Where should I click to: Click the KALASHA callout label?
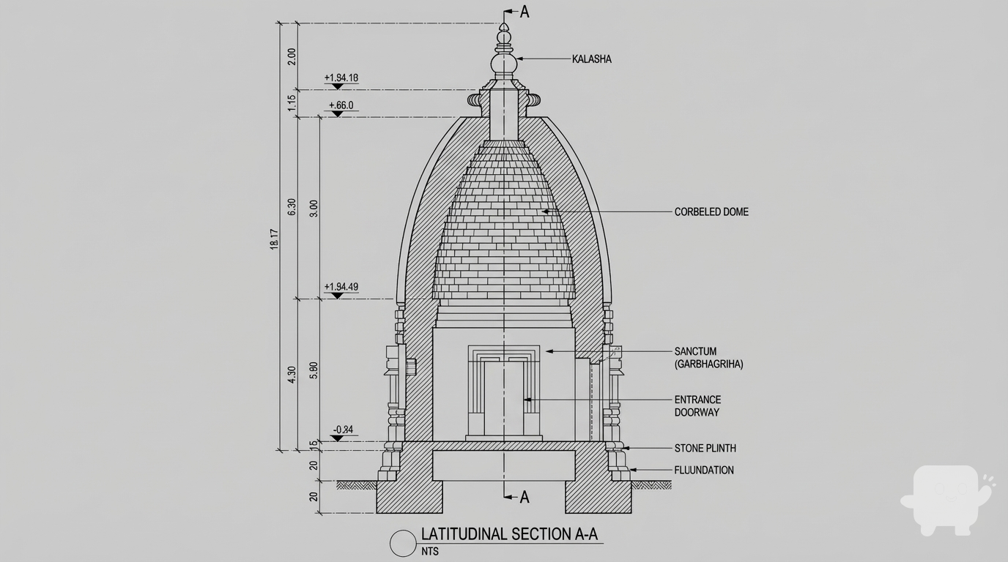coord(591,59)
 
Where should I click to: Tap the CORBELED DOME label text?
coord(711,212)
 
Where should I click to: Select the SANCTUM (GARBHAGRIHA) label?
coord(708,358)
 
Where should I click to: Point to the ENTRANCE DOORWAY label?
coord(697,406)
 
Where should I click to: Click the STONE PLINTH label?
coord(705,448)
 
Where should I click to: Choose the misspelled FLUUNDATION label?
coord(703,471)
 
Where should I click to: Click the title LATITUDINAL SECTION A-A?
coord(509,534)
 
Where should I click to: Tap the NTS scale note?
coord(430,551)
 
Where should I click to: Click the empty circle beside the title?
coord(402,544)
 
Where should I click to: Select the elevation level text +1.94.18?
coord(341,78)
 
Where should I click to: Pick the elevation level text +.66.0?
coord(341,105)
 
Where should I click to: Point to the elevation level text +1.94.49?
coord(341,287)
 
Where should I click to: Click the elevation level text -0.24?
coord(343,430)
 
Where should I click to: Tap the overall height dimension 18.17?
coord(274,239)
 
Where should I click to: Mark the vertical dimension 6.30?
coord(292,207)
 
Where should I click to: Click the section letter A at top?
coord(524,12)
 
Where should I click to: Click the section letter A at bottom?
coord(524,498)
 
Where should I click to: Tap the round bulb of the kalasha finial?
coord(503,66)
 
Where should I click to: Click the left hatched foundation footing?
coord(409,497)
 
